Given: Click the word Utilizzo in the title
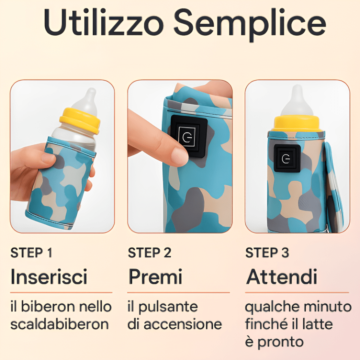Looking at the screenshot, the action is pyautogui.click(x=104, y=23).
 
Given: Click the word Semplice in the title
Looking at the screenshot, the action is pyautogui.click(x=250, y=25).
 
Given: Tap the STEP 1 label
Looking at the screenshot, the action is pyautogui.click(x=31, y=253).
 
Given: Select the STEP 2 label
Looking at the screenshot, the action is pyautogui.click(x=150, y=253).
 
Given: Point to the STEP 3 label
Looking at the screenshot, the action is pyautogui.click(x=267, y=253).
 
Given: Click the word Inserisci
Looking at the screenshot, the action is pyautogui.click(x=49, y=276).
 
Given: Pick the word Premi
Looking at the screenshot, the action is pyautogui.click(x=155, y=276).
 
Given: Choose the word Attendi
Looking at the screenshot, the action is pyautogui.click(x=282, y=276).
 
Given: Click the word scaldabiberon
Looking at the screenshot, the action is pyautogui.click(x=60, y=324).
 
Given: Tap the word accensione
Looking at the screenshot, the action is pyautogui.click(x=183, y=324).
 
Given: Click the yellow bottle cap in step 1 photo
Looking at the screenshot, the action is pyautogui.click(x=80, y=120).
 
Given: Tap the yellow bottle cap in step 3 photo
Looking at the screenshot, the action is pyautogui.click(x=297, y=124).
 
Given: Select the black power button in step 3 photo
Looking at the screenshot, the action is pyautogui.click(x=287, y=158).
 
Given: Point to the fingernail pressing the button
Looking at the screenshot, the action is pyautogui.click(x=180, y=156).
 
